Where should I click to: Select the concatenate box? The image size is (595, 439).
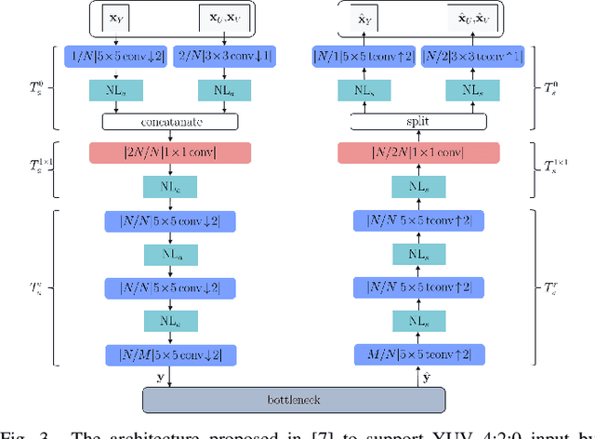[169, 121]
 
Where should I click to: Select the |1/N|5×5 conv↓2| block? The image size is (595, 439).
[116, 57]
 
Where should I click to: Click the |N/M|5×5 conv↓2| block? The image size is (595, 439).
[169, 354]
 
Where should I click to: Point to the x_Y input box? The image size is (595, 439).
[115, 17]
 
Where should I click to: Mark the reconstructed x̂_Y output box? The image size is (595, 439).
[366, 17]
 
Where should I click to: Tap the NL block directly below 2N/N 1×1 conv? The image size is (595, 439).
[169, 187]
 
